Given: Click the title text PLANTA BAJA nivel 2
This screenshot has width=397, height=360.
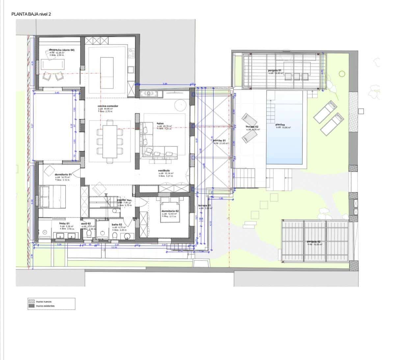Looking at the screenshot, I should [x=31, y=14].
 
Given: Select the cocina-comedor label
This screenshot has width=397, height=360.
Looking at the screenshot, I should [x=108, y=106].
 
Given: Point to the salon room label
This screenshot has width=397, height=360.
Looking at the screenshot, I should [x=160, y=124].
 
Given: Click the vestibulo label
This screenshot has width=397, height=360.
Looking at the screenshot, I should [x=164, y=171].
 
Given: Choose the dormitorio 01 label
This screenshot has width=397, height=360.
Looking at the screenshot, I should [x=63, y=175].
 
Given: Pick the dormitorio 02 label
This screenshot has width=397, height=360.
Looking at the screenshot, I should [x=170, y=211].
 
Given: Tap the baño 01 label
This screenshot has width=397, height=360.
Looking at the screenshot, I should [x=64, y=224].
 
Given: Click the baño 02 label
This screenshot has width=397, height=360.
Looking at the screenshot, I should [x=117, y=224].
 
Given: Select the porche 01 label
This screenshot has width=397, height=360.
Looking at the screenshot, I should [x=219, y=140].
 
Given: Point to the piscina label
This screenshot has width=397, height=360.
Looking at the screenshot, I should [x=280, y=125].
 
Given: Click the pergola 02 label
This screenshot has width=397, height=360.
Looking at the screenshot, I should [x=314, y=242].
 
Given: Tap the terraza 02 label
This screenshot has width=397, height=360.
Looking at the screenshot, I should [x=252, y=127].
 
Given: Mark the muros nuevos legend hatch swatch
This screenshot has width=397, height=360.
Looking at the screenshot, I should [x=32, y=301].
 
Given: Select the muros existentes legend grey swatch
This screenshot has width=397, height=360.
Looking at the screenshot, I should [x=32, y=306].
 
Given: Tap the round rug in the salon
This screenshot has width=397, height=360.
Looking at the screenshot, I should [x=181, y=106].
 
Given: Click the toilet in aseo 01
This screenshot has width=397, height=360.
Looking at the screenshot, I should [x=89, y=234].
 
